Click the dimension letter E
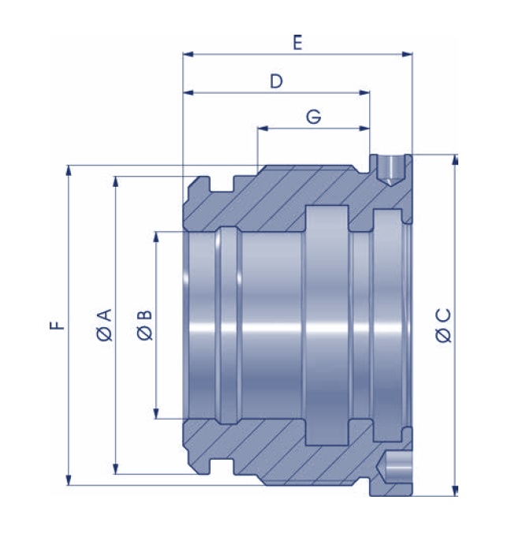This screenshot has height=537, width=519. tap(297, 43)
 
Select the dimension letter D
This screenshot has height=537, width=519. tap(276, 81)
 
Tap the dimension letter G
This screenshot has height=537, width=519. tap(313, 117)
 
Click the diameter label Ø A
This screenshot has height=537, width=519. tap(104, 325)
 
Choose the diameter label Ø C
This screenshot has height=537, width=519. tap(443, 325)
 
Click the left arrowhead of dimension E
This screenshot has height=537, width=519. tap(188, 54)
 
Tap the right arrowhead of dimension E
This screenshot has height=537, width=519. tap(407, 54)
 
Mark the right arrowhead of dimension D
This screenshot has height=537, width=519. tap(364, 92)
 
